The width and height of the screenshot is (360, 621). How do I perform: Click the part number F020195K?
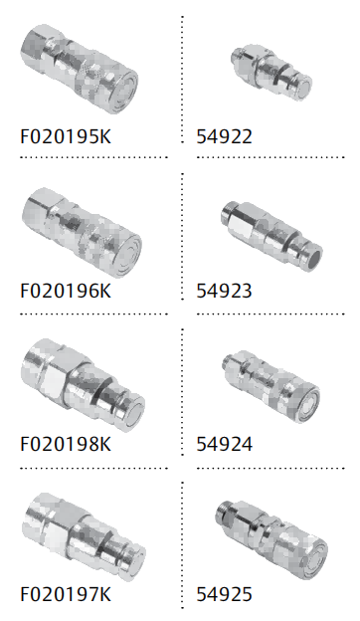pyautogui.click(x=66, y=136)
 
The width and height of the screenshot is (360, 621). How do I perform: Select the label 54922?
pyautogui.click(x=224, y=136)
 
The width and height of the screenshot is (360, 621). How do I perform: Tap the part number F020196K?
pyautogui.click(x=66, y=291)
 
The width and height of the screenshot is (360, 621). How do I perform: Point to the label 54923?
pyautogui.click(x=224, y=291)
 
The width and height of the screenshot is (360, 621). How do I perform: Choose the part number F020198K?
pyautogui.click(x=66, y=444)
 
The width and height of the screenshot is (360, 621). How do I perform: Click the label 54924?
pyautogui.click(x=224, y=444)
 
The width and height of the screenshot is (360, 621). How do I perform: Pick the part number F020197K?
pyautogui.click(x=66, y=594)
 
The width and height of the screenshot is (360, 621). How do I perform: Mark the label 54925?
pyautogui.click(x=224, y=594)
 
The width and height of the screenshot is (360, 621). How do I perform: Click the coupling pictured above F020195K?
pyautogui.click(x=80, y=69)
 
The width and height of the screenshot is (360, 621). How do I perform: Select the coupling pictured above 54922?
pyautogui.click(x=271, y=74)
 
